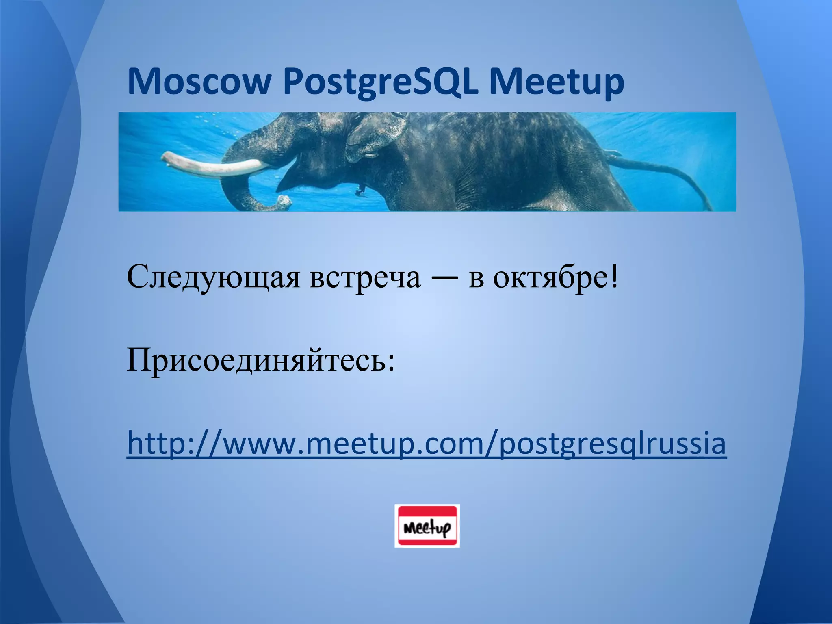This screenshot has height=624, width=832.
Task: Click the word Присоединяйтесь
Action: tap(256, 360)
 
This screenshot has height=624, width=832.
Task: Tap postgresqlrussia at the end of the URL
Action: tap(611, 444)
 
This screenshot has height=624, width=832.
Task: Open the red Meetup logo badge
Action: tap(427, 526)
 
